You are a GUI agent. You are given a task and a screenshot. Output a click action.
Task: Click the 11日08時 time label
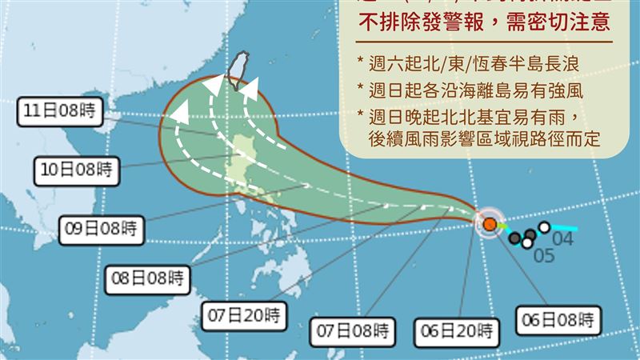[60, 111]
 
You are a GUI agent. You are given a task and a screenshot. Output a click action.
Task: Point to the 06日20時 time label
[457, 329]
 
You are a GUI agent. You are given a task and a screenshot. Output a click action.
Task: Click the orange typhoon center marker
[488, 223]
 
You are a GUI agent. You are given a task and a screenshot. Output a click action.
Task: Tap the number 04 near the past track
[563, 238]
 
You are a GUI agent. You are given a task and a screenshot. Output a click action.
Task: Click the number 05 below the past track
[544, 257]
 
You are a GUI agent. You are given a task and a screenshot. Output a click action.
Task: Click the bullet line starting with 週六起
[480, 63]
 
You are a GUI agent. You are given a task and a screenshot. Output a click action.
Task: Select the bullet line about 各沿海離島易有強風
[480, 90]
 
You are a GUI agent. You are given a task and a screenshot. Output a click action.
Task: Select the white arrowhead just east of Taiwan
[250, 89]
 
